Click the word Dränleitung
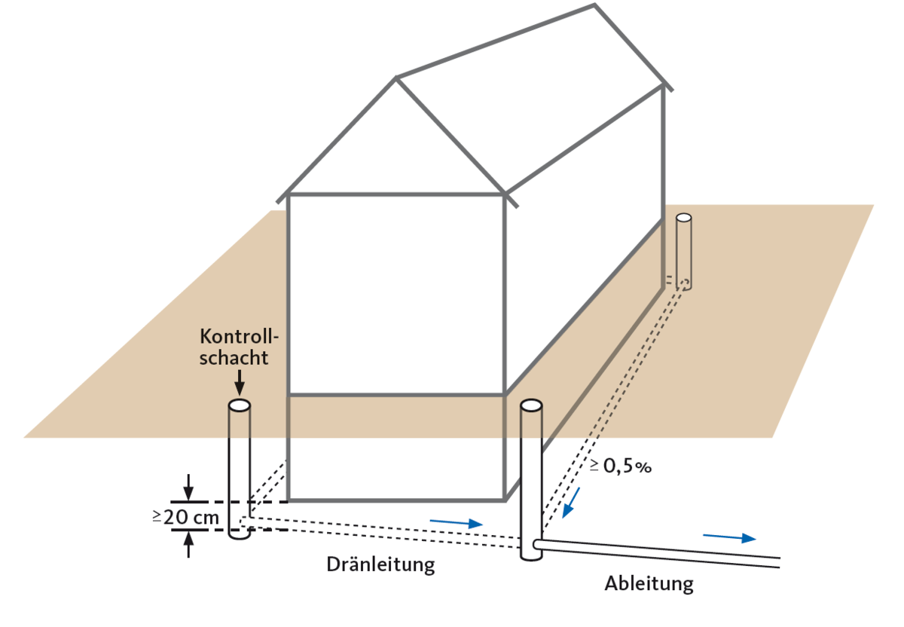[380, 564]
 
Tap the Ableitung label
[649, 583]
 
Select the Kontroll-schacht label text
[234, 346]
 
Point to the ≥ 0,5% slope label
[620, 466]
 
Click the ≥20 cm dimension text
[186, 517]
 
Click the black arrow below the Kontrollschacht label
[239, 381]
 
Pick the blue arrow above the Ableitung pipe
[728, 537]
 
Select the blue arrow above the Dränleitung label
[456, 522]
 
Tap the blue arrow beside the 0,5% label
[570, 502]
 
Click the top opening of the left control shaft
[239, 405]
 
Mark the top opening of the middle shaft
[531, 405]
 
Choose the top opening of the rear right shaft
[683, 217]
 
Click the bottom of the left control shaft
[239, 534]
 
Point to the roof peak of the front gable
[396, 78]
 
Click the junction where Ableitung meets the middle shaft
[536, 543]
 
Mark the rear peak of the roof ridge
[594, 6]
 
